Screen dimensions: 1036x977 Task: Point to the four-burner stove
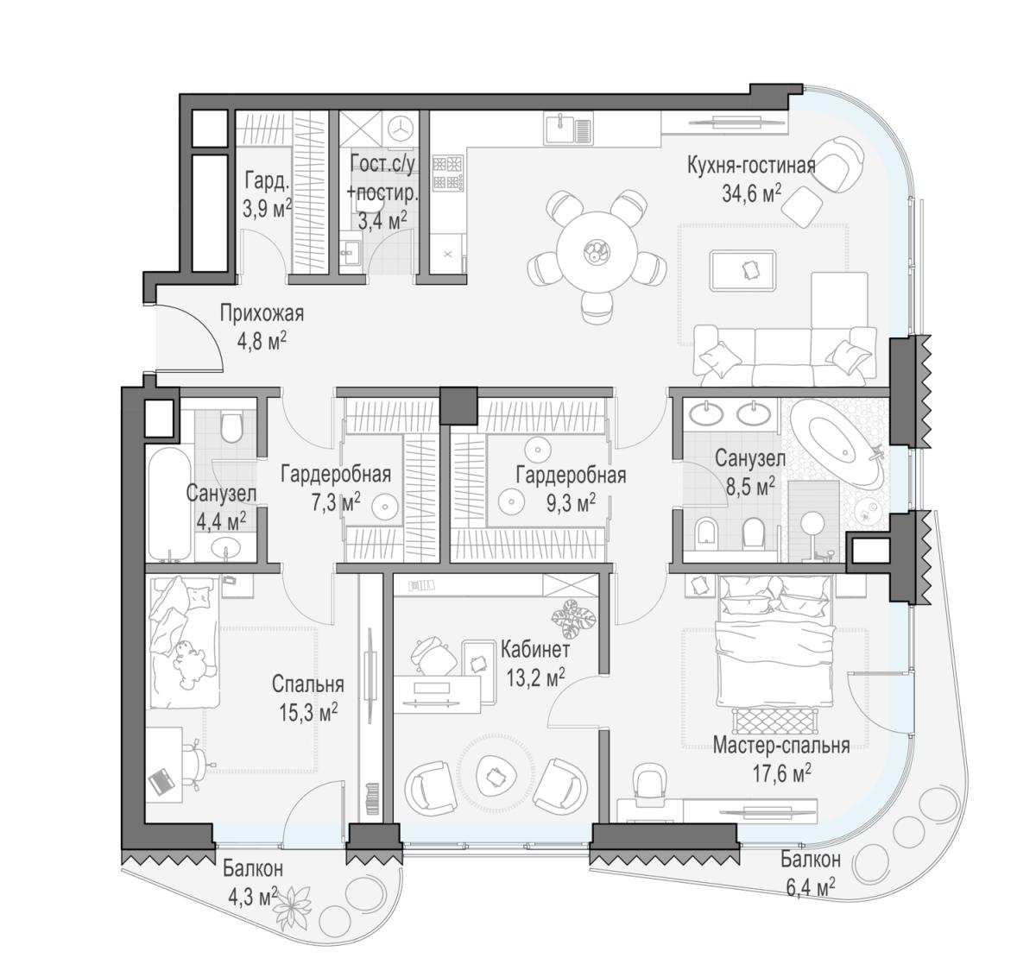[x=447, y=172]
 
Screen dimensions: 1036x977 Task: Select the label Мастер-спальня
[x=781, y=746]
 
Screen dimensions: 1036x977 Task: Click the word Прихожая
[x=262, y=314]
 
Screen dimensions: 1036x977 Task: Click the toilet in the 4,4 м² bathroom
[x=231, y=427]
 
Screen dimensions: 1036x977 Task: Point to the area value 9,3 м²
[x=572, y=504]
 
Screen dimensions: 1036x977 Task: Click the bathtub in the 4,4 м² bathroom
[x=169, y=504]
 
